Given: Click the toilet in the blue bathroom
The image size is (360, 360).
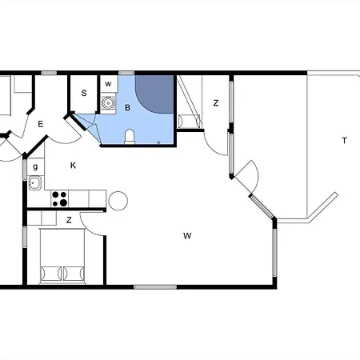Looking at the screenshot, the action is click(130, 137).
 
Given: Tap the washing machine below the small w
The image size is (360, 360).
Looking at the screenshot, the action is click(108, 102).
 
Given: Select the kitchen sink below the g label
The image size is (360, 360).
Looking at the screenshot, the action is click(35, 183).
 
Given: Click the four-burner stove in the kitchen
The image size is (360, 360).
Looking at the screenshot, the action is click(59, 198).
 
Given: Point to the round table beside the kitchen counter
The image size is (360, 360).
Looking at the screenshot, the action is click(118, 201).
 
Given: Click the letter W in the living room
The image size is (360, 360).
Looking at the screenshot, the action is click(187, 236).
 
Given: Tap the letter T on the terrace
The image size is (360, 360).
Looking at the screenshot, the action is click(345, 140).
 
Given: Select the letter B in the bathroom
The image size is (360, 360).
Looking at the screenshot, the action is click(127, 107).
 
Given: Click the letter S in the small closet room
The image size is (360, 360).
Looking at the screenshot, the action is click(84, 93).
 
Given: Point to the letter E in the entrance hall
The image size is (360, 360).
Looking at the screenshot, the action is click(41, 124).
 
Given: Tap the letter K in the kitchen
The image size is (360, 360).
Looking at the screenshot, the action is click(73, 166).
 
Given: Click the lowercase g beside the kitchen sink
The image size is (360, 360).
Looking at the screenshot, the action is click(35, 167).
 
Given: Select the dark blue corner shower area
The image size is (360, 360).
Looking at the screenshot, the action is click(154, 93).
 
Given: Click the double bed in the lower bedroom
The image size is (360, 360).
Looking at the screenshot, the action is click(62, 256).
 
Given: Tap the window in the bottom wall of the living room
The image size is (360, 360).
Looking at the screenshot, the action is click(155, 287).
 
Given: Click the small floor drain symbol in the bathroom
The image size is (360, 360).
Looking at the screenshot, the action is click(158, 142).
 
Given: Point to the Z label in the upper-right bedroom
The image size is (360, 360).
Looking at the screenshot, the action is click(216, 103).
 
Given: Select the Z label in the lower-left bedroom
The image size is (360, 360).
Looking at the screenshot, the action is click(69, 220).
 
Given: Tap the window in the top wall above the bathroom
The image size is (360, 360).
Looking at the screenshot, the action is click(126, 73).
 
